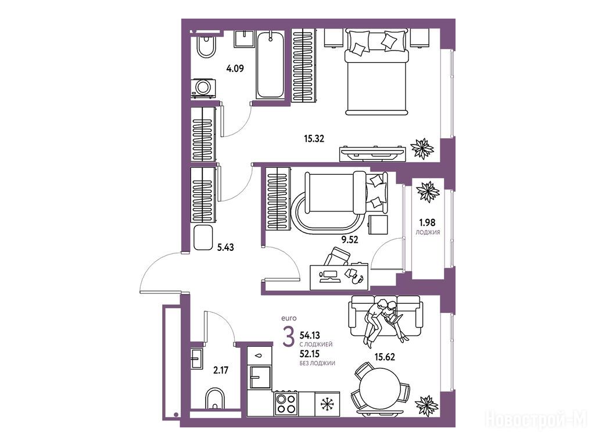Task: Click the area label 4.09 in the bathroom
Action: point(235,69)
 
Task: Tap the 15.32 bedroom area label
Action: point(314,139)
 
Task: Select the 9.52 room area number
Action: point(349,239)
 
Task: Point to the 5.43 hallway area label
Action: point(225,247)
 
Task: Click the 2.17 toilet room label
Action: point(220,370)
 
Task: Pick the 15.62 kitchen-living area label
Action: point(385,357)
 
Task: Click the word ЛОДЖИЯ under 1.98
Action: point(428,232)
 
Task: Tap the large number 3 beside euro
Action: point(289,337)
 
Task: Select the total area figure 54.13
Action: point(310,335)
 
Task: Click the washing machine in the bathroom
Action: point(203,88)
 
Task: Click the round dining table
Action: point(379,388)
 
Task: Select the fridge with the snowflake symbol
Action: point(327,404)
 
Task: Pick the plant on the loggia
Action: point(428,192)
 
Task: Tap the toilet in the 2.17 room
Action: point(215,398)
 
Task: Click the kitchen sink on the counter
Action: point(260,377)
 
